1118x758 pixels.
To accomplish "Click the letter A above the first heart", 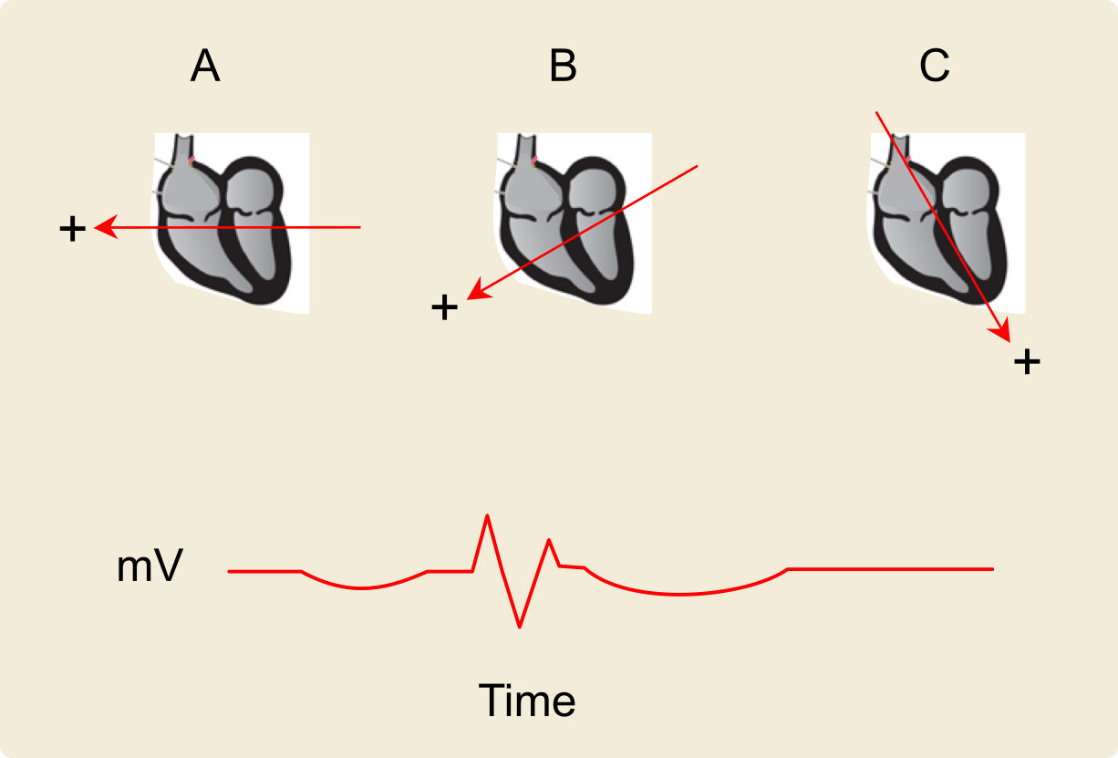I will coord(205,67).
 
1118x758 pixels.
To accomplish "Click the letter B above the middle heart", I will coord(563,67).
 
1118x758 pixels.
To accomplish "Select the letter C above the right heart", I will coord(935,67).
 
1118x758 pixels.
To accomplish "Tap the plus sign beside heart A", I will coord(72,229).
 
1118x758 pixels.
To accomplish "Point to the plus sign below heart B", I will coord(444,308).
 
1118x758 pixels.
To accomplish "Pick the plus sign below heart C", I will coord(1027,362).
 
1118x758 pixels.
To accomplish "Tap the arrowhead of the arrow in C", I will coord(1005,334).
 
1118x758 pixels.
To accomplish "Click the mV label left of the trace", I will coord(150,567).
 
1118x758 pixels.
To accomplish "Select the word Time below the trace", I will coord(527,701).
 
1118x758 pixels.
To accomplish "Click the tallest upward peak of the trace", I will coord(488,516).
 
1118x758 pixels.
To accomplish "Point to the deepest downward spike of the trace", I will coord(520,627).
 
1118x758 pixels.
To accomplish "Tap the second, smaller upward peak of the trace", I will coord(549,540).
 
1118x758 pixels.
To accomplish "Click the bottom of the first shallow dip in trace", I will coord(362,588).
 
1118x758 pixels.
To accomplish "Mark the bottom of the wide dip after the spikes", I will coord(679,595).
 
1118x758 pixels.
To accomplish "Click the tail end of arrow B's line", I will coord(697,166).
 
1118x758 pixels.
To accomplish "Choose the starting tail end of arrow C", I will coord(876,112).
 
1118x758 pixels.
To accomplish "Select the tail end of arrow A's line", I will coord(361,227).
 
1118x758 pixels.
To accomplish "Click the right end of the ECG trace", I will coord(991,569).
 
